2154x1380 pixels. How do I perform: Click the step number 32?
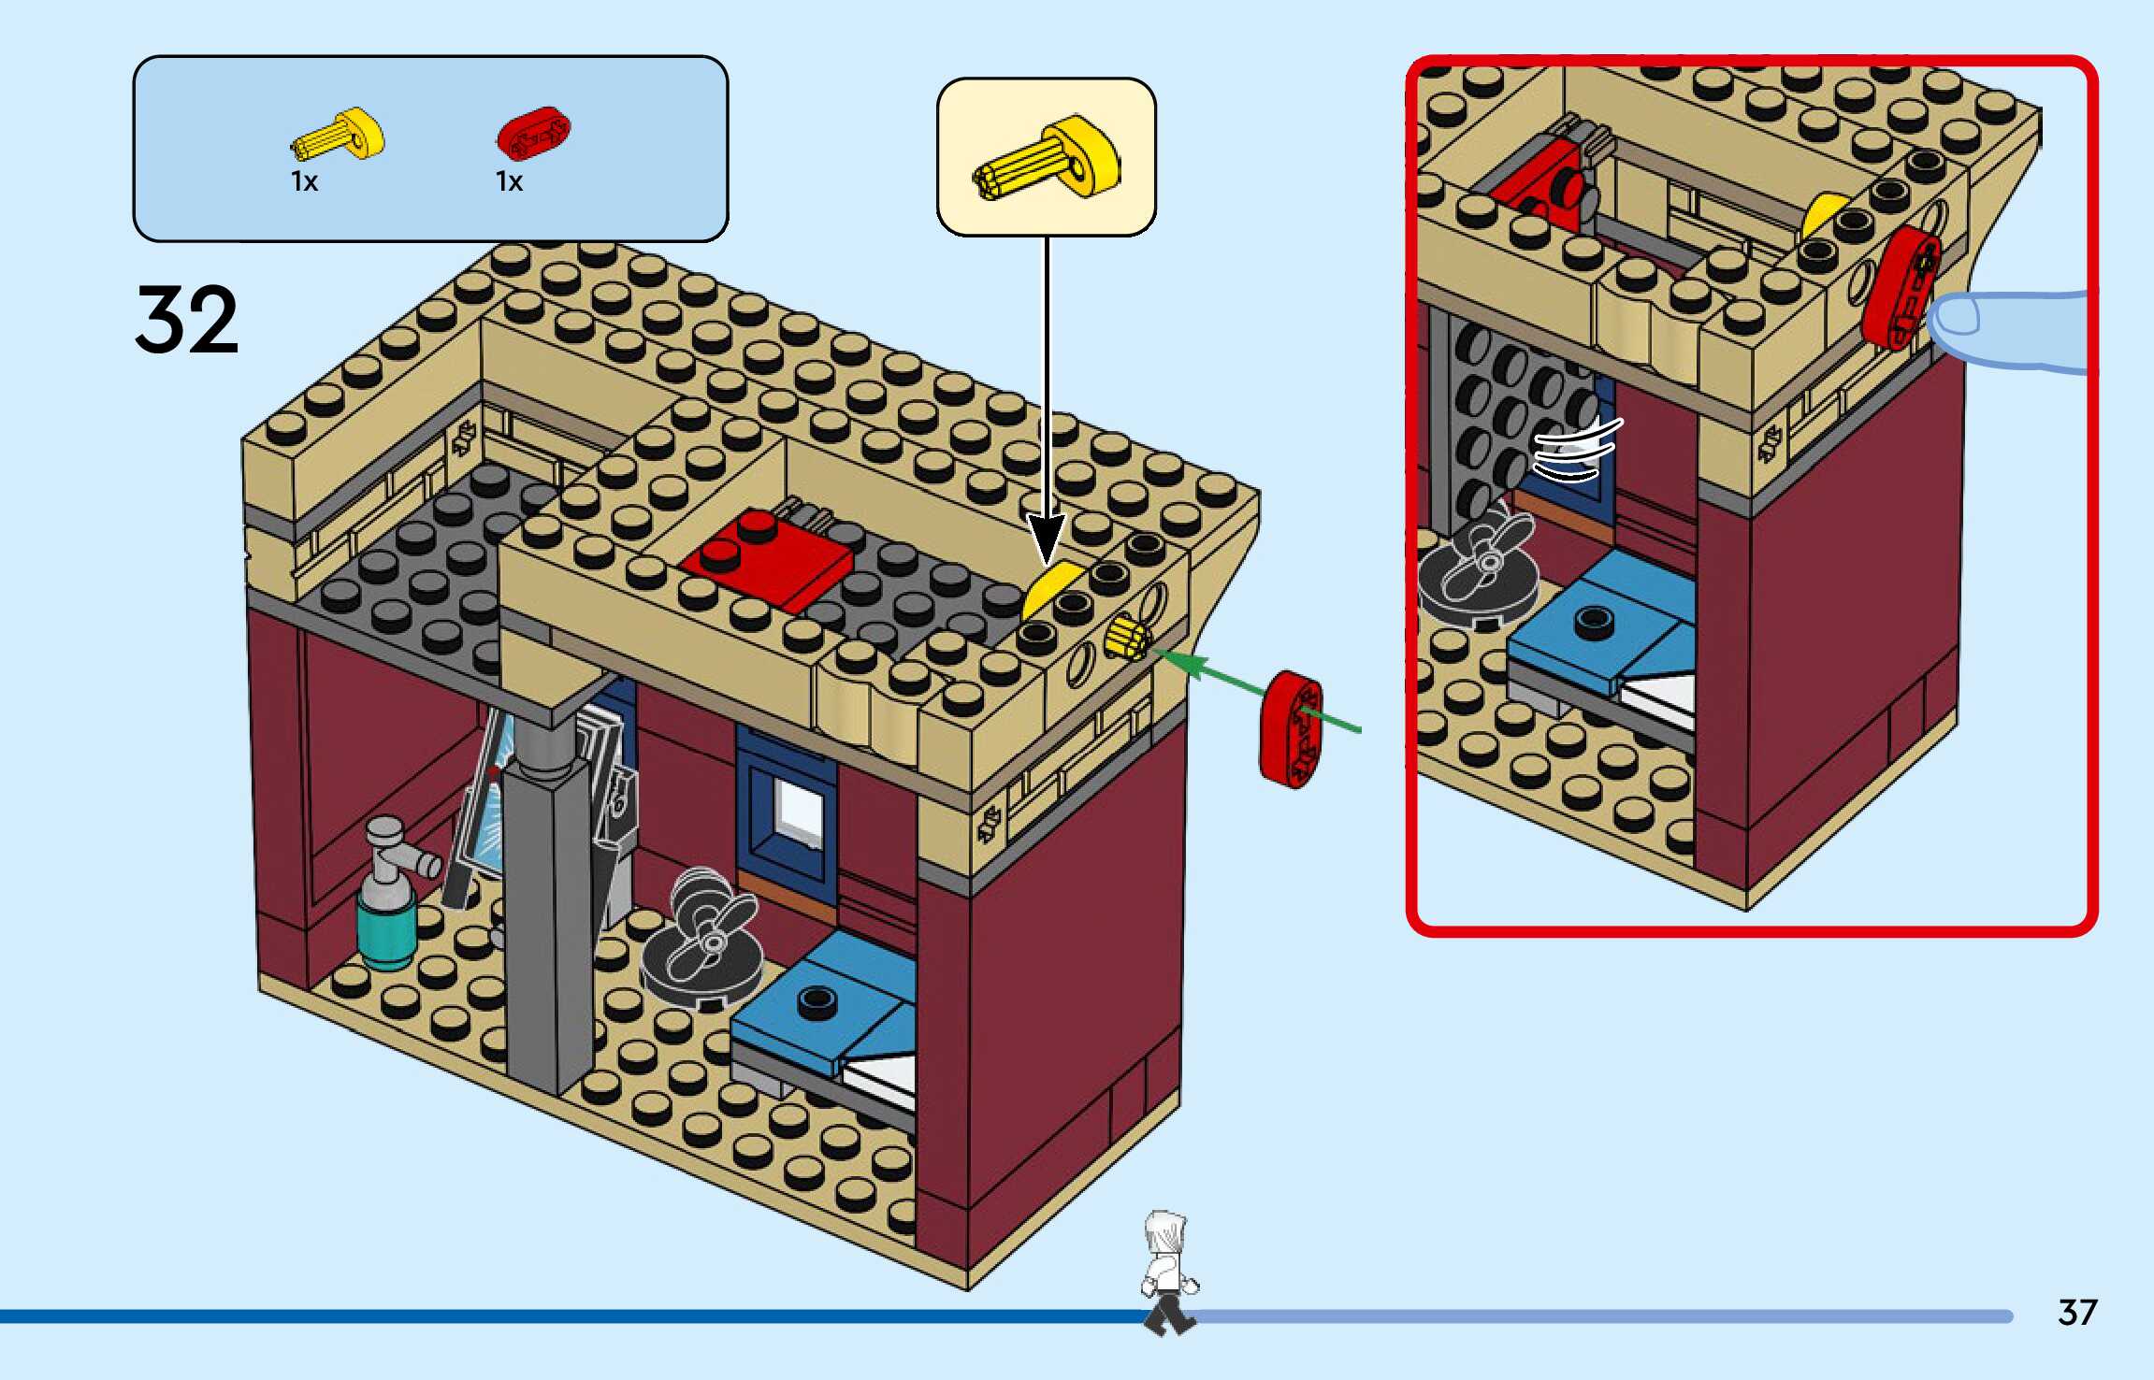pyautogui.click(x=187, y=320)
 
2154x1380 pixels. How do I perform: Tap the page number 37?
pyautogui.click(x=2076, y=1313)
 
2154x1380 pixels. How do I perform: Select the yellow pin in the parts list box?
pyautogui.click(x=339, y=137)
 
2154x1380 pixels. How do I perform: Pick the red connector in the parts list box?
pyautogui.click(x=532, y=134)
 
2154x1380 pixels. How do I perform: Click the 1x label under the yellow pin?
pyautogui.click(x=305, y=181)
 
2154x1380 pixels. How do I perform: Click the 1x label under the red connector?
pyautogui.click(x=510, y=181)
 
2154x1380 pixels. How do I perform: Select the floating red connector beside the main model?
pyautogui.click(x=1292, y=729)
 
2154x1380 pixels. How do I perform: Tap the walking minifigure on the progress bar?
pyautogui.click(x=1167, y=1272)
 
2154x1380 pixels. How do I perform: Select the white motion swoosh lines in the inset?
pyautogui.click(x=1577, y=450)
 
